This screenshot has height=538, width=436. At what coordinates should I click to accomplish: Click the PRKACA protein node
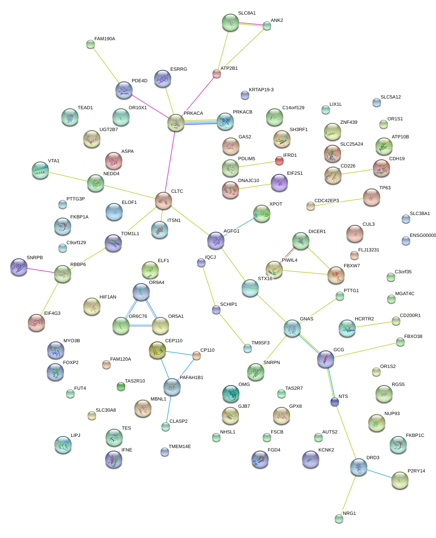click(x=176, y=123)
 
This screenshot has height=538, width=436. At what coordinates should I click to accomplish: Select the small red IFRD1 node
click(x=279, y=160)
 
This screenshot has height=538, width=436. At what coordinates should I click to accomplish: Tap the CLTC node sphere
click(x=163, y=200)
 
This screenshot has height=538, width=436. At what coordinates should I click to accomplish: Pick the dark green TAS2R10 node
click(x=121, y=386)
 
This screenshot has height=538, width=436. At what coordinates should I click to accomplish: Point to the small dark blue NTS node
click(x=335, y=402)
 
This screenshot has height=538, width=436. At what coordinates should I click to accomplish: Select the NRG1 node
click(x=339, y=519)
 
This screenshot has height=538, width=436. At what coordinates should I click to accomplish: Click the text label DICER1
click(x=317, y=231)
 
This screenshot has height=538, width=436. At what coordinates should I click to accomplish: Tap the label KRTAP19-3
click(x=261, y=90)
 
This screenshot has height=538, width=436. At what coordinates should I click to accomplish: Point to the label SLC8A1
click(x=247, y=13)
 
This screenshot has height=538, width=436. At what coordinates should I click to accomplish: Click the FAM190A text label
click(x=105, y=39)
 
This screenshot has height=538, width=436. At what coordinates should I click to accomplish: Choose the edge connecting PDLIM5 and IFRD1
click(x=257, y=164)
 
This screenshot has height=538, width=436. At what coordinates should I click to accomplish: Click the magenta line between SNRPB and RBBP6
click(x=40, y=271)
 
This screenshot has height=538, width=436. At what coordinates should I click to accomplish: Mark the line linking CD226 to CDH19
click(x=357, y=172)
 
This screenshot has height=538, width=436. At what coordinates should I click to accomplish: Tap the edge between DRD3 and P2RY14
click(x=379, y=474)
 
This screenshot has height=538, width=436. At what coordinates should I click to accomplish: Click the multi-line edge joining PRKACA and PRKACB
click(x=200, y=122)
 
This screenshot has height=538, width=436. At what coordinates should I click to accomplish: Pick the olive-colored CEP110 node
click(x=157, y=350)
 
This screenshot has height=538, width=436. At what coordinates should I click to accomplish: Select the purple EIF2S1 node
click(x=279, y=182)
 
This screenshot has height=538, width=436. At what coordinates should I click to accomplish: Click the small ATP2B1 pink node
click(x=216, y=74)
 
